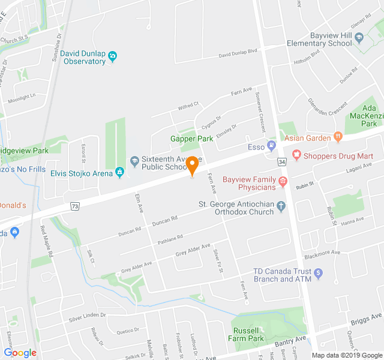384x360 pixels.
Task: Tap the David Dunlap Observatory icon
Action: tap(112, 57)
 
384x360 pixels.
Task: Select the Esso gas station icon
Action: tap(272, 146)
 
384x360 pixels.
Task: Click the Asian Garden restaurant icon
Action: tap(338, 138)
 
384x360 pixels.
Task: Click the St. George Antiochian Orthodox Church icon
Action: tap(281, 206)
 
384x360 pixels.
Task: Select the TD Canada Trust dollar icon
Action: tap(319, 274)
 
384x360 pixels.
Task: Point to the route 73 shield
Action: tap(75, 206)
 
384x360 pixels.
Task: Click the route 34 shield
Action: tap(281, 162)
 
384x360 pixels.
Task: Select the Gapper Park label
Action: tap(191, 139)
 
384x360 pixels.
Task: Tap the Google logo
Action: tap(20, 353)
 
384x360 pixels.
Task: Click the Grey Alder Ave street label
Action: tap(193, 249)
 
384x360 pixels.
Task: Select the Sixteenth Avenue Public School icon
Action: tap(135, 160)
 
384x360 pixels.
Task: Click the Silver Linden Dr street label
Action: tap(87, 317)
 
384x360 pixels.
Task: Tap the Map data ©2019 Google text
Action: tap(346, 355)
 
